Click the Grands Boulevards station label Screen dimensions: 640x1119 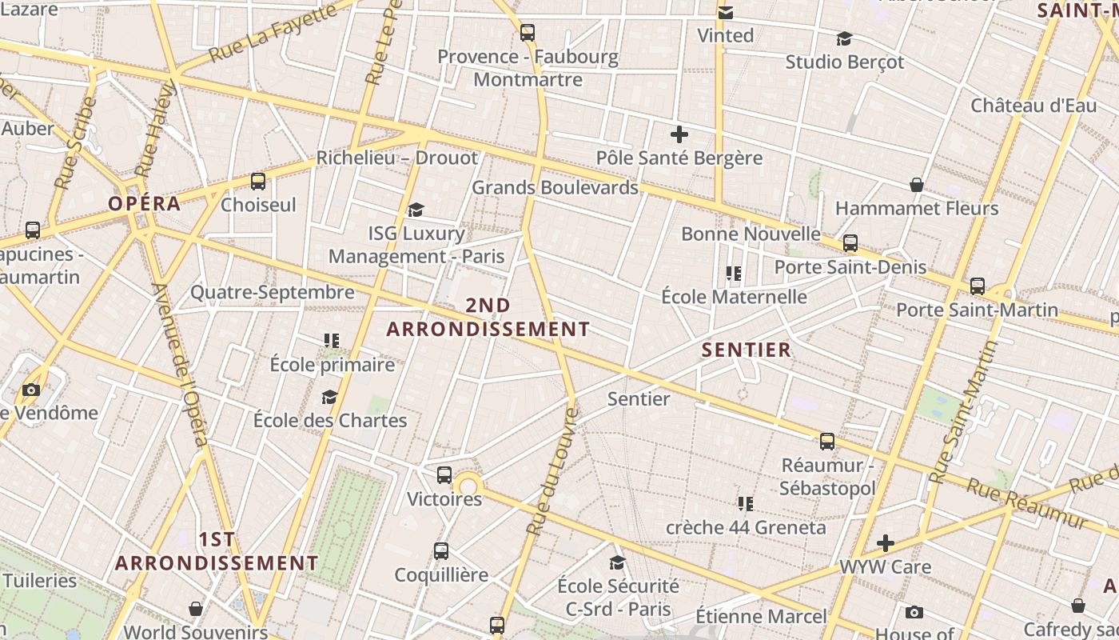point(555,187)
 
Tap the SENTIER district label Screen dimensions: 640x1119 point(747,350)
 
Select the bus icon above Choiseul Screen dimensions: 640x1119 point(257,182)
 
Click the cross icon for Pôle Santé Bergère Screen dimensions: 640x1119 point(679,134)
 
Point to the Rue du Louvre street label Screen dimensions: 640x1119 point(552,472)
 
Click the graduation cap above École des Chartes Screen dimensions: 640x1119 point(329,398)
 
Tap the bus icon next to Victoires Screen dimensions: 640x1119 point(444,475)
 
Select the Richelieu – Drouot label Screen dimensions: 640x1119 point(397,158)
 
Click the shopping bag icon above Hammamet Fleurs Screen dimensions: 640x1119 point(917,186)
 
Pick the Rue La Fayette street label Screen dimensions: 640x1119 point(272,34)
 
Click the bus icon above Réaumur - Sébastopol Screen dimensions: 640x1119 point(827,442)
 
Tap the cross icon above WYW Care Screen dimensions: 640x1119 point(886,544)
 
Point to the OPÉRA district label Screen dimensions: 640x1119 point(145,203)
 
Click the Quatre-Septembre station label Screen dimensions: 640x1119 point(272,292)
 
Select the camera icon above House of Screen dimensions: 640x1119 point(914,613)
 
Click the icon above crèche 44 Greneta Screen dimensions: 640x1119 point(746,504)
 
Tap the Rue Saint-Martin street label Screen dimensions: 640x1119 point(966,412)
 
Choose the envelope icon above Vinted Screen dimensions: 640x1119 point(726,13)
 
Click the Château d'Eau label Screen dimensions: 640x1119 point(1033,106)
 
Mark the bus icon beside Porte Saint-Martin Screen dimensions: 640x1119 point(977,286)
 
